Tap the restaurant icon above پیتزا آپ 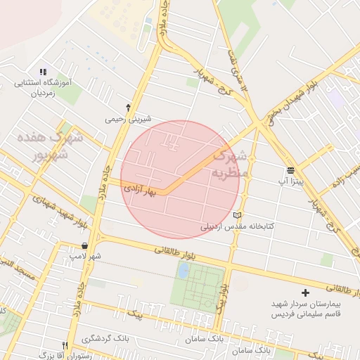tap(290, 171)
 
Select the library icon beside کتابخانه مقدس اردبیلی tap(237, 215)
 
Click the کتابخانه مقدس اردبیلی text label tap(238, 226)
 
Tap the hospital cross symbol tap(304, 292)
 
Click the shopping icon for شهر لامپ tap(85, 246)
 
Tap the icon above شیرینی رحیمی tap(128, 108)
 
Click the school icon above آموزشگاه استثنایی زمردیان tap(42, 72)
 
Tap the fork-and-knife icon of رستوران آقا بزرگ tap(65, 345)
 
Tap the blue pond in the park tap(184, 271)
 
